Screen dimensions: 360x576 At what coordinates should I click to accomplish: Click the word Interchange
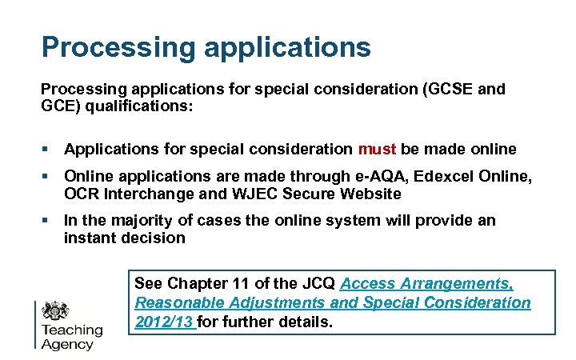146,194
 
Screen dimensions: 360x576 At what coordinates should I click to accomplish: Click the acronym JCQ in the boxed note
318,283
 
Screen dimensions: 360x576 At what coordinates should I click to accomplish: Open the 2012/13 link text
164,322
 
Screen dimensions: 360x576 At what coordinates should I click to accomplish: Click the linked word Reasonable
178,303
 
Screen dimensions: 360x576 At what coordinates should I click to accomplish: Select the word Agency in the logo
67,345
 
